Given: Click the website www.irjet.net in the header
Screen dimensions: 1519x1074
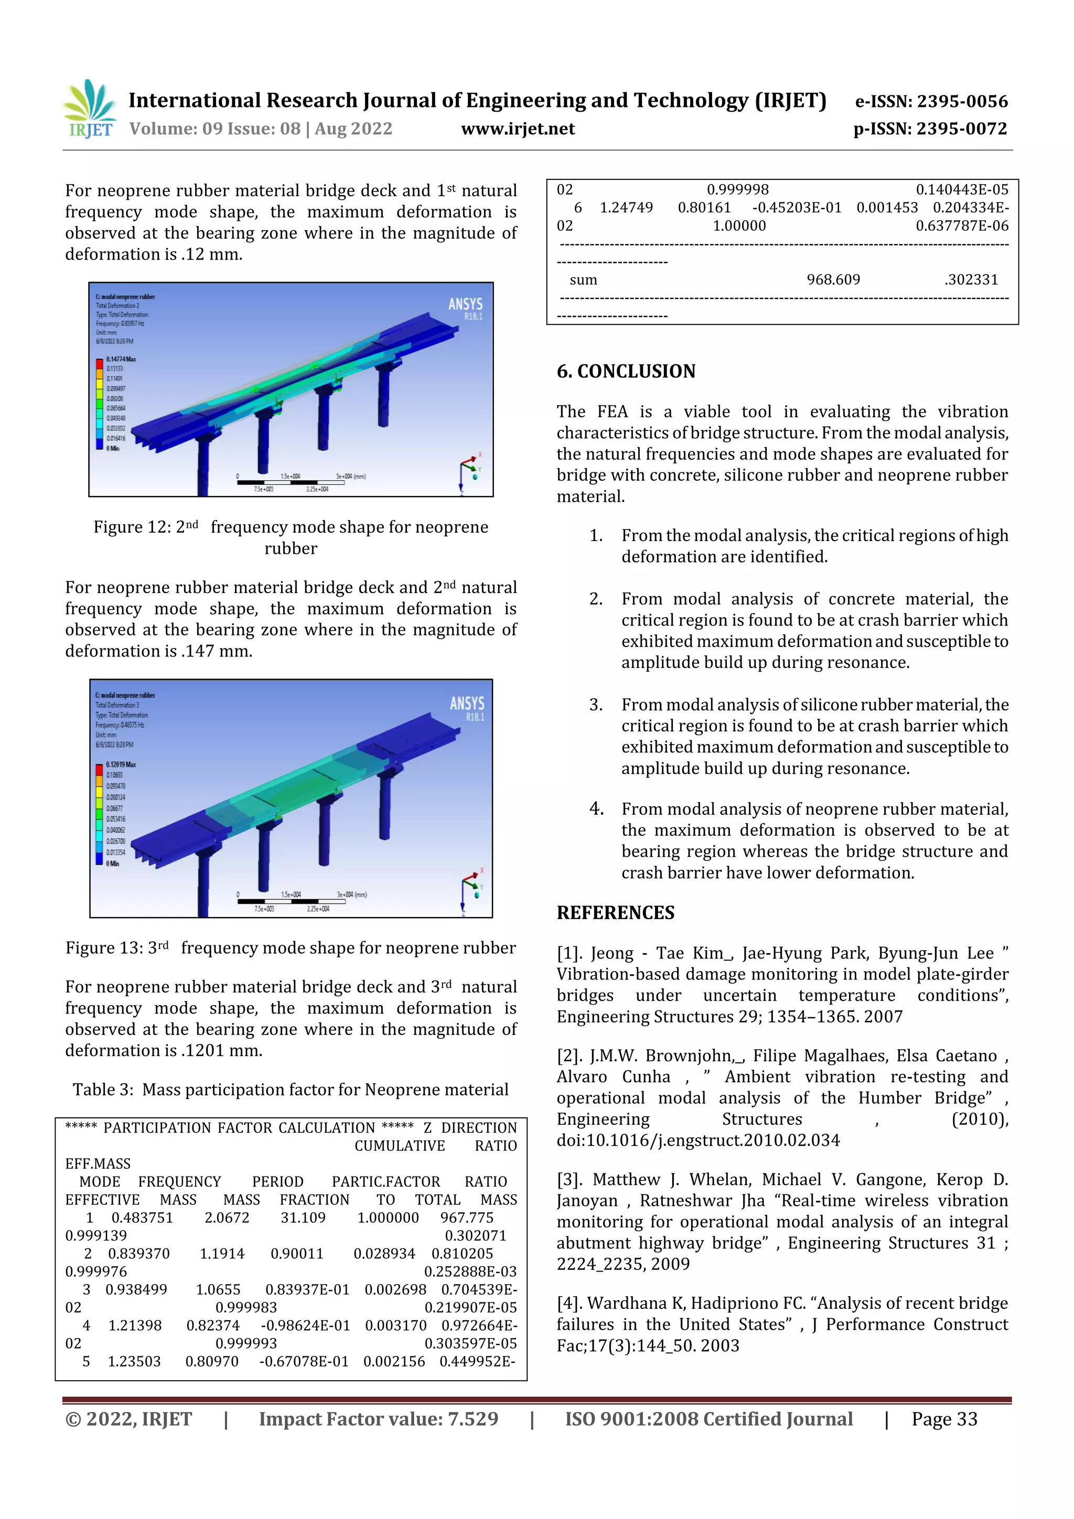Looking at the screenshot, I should [518, 128].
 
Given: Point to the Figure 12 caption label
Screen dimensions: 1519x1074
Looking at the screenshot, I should [132, 527].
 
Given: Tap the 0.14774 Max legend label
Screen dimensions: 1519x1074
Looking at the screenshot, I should [121, 359].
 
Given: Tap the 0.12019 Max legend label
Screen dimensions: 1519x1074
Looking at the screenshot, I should [121, 764].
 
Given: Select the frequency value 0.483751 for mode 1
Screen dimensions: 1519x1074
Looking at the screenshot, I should [142, 1218].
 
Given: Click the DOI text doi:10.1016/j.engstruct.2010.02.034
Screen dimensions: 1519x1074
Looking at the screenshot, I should [697, 1140].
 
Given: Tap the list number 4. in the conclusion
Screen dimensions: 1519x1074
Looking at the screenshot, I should [596, 809].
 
